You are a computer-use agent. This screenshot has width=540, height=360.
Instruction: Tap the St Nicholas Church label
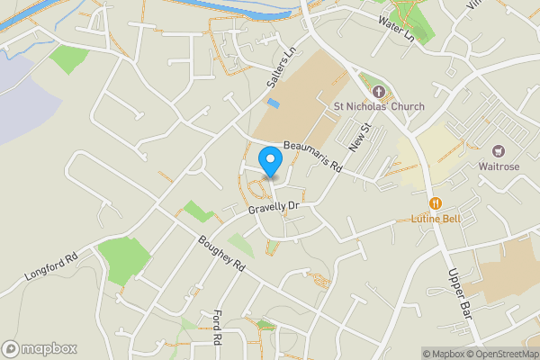click(x=379, y=106)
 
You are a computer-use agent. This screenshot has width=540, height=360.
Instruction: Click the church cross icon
click(x=378, y=92)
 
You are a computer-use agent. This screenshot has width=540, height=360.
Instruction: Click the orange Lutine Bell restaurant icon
click(x=436, y=203)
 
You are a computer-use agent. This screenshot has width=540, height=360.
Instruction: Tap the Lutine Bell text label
click(x=436, y=219)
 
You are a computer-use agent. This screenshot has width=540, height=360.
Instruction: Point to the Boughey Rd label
click(x=220, y=254)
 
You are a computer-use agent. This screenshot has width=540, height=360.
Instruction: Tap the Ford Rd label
click(x=216, y=326)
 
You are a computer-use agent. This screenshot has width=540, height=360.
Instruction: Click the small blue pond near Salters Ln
click(x=274, y=103)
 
